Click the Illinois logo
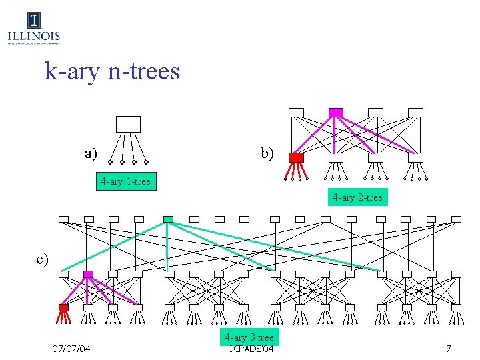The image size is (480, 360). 33,29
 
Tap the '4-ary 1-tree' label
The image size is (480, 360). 125,181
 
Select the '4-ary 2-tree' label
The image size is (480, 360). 357,197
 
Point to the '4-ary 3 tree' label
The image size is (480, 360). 249,337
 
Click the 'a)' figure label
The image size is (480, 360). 91,153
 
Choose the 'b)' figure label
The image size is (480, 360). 267,153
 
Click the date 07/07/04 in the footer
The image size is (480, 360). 71,349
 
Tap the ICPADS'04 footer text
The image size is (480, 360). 251,349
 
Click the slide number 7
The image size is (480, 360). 449,349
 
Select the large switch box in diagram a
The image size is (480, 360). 128,124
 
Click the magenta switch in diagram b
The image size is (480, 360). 336,112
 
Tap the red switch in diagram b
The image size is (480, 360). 296,157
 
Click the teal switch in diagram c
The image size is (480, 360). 168,219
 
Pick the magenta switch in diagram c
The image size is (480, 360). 88,274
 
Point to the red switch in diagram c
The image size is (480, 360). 63,307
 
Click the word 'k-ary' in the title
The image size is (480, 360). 71,71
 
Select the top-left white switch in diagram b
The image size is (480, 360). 296,112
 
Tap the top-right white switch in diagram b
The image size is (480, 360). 415,112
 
